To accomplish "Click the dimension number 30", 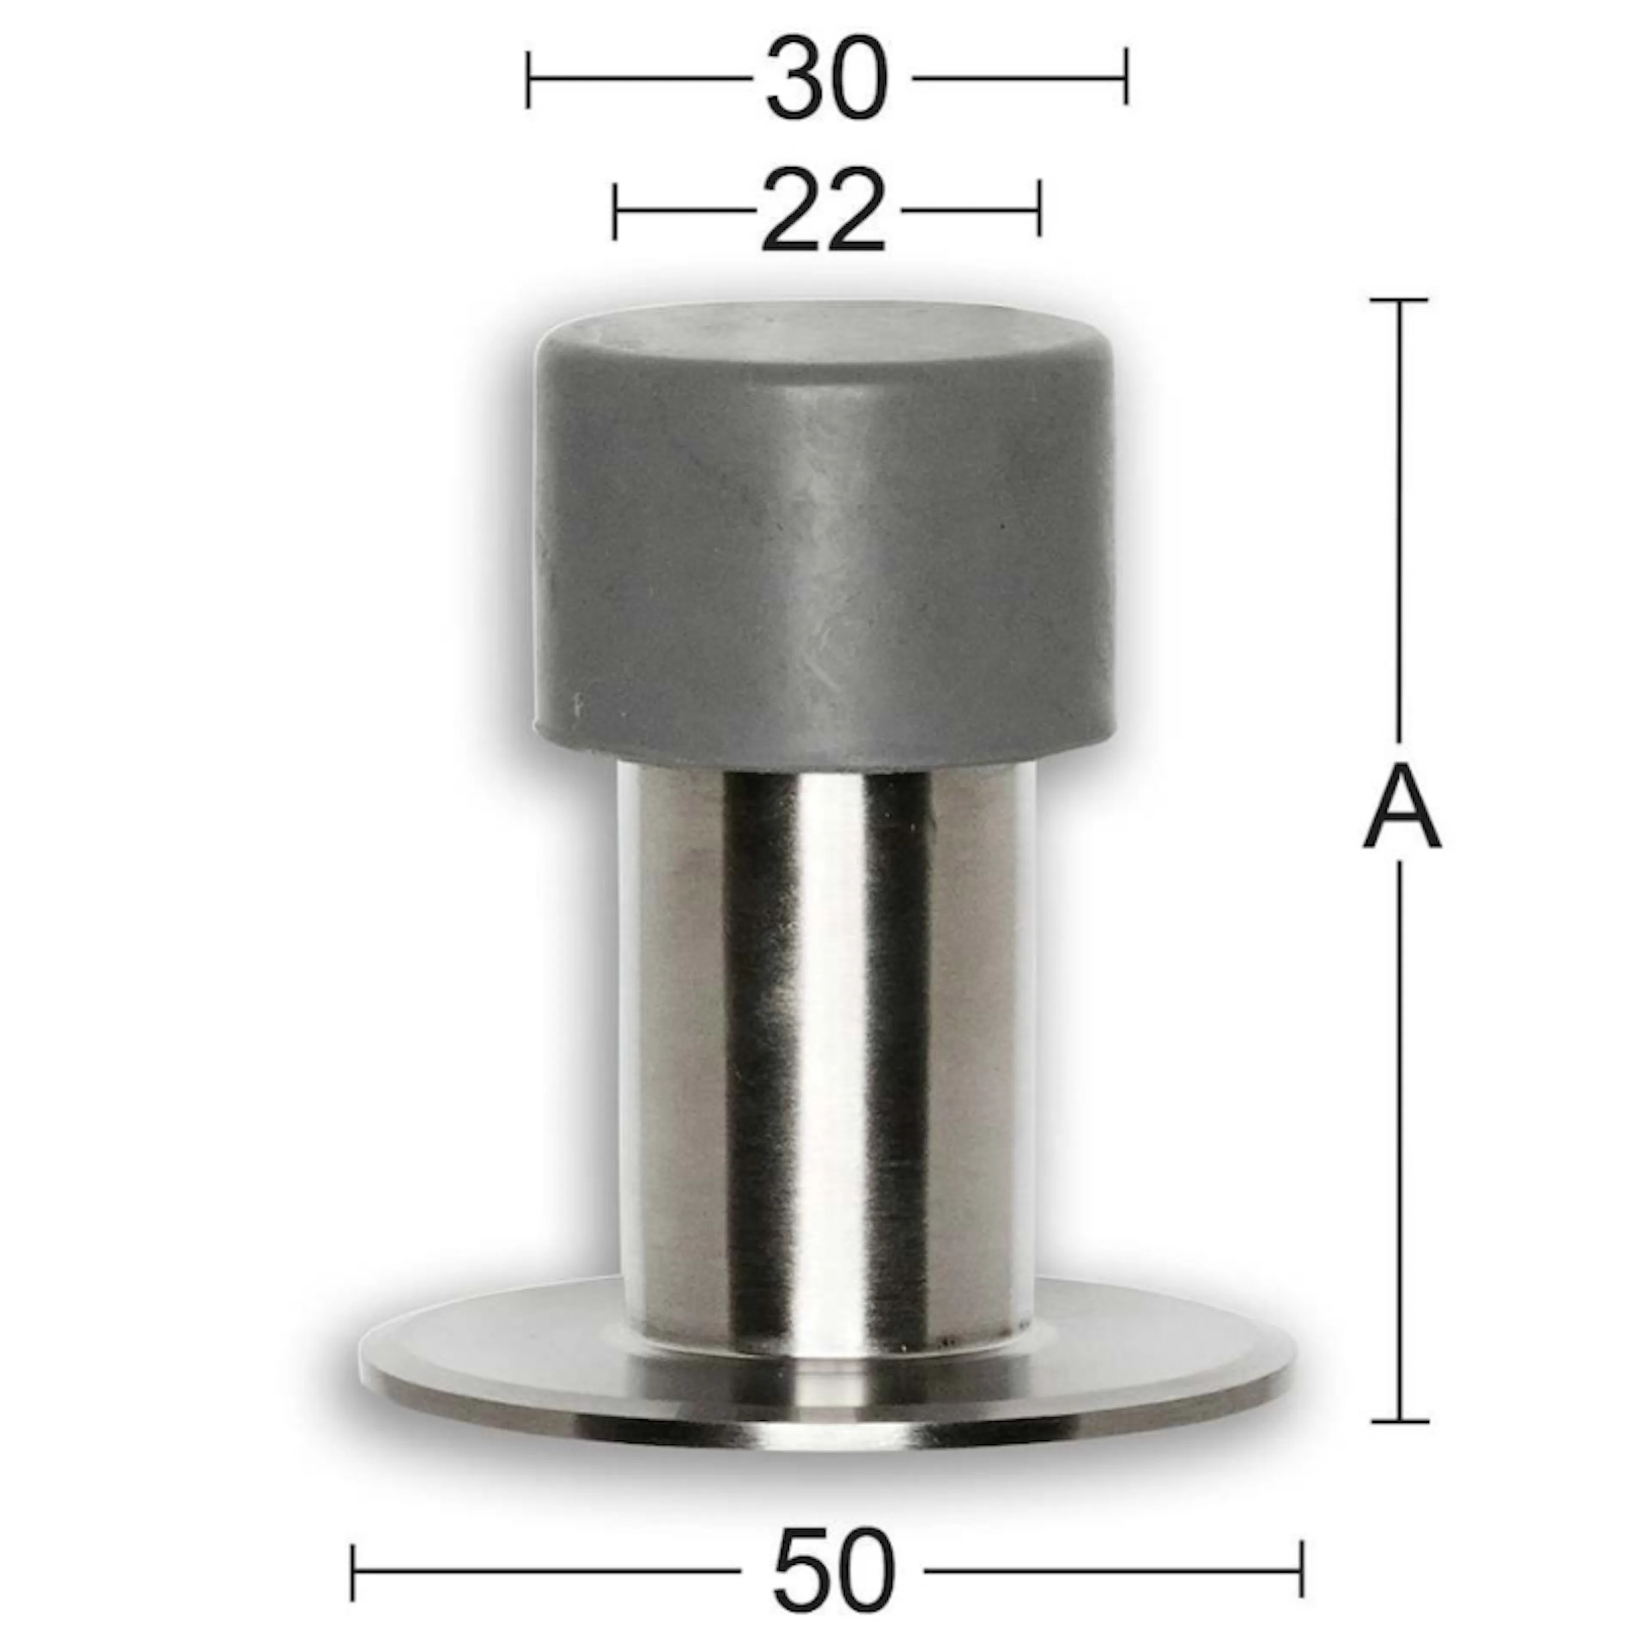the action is point(827,78).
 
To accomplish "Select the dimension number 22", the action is point(823,210).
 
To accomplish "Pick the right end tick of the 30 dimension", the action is point(1126,78).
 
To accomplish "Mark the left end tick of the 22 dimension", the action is point(615,210).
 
